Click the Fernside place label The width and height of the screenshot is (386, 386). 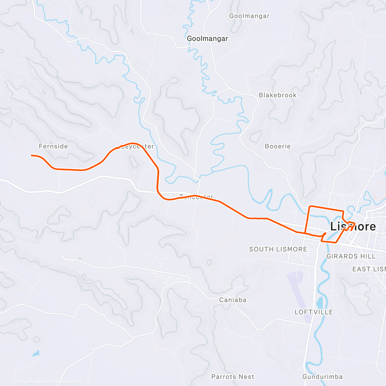coord(53,146)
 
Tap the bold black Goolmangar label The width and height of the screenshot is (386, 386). coord(207,39)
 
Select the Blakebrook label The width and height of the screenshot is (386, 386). coord(278,95)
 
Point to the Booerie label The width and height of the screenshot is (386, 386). coord(278,146)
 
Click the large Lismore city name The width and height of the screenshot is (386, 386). coord(353,226)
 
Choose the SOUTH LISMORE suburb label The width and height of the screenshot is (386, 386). coord(278,249)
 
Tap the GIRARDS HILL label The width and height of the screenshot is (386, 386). coord(351,256)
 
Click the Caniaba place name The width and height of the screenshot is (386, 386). coord(233,300)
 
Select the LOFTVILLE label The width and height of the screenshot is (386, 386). coord(314,312)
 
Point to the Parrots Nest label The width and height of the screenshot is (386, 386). coord(233,377)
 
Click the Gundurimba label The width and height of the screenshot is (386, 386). coord(323,377)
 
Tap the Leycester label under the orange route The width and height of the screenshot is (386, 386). coord(138,147)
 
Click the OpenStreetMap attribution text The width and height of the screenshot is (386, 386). coord(68,382)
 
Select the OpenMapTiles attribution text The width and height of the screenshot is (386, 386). coord(34,382)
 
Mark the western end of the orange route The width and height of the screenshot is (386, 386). coord(32,155)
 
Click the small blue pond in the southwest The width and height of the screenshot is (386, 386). coord(36,354)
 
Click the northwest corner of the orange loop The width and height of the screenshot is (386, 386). coord(310,206)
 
